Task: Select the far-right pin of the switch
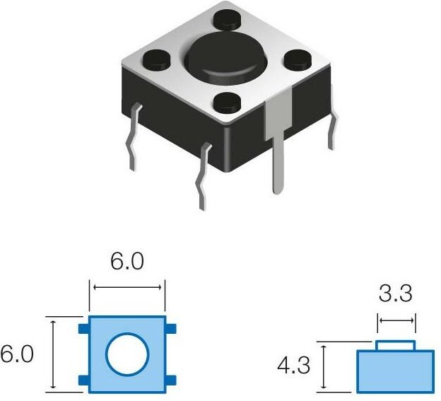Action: [330, 131]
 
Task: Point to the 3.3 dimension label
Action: [396, 292]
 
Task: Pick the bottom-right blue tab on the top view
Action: [171, 380]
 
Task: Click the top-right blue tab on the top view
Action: [171, 327]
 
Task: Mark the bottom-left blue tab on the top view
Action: [83, 380]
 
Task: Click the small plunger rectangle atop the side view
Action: [396, 345]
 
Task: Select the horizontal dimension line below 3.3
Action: [396, 320]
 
